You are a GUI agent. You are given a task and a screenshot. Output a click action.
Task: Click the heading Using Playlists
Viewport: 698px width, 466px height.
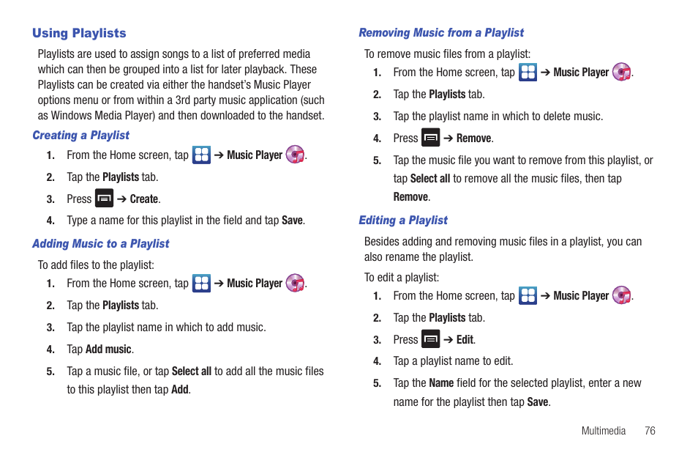coord(79,33)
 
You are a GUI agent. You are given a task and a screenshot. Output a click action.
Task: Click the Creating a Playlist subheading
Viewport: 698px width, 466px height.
coord(80,136)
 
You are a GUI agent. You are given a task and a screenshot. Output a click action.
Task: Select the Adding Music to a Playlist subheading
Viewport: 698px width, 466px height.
coord(100,244)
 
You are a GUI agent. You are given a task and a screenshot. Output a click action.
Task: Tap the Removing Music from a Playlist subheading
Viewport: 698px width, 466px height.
coord(440,33)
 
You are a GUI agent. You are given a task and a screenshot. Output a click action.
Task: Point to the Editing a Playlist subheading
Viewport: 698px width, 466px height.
coord(402,221)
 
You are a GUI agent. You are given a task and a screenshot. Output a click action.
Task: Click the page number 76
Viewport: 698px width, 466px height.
coord(650,431)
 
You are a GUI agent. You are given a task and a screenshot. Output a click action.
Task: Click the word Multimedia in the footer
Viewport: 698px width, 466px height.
coord(603,431)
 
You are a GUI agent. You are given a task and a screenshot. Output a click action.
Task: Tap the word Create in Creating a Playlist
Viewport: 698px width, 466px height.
coord(144,199)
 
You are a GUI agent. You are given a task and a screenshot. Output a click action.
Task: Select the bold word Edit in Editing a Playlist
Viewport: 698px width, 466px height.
coord(465,340)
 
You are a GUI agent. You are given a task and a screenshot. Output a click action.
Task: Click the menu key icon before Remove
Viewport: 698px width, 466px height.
coord(431,138)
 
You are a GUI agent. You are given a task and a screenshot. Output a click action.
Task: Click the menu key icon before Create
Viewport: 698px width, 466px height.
coord(105,199)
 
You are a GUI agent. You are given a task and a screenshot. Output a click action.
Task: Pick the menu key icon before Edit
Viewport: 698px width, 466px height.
coord(431,339)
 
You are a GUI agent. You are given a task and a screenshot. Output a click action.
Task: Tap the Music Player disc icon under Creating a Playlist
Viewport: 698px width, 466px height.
coord(295,155)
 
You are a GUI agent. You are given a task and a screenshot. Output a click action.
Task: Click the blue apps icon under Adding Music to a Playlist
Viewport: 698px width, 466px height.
coord(201,283)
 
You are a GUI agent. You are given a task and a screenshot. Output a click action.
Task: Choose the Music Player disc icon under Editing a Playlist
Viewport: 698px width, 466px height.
coord(621,295)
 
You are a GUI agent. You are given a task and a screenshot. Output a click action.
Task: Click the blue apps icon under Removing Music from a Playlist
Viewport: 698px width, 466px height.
coord(528,72)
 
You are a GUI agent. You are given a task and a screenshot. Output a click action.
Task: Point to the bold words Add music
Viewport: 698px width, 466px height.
coord(108,349)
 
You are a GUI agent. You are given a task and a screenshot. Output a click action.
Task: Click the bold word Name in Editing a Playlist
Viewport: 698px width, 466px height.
coord(441,383)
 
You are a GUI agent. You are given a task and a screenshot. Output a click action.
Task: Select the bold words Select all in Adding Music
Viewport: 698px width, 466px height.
coord(192,371)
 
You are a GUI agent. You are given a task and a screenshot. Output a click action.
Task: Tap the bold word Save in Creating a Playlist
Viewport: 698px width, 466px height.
coord(292,221)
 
